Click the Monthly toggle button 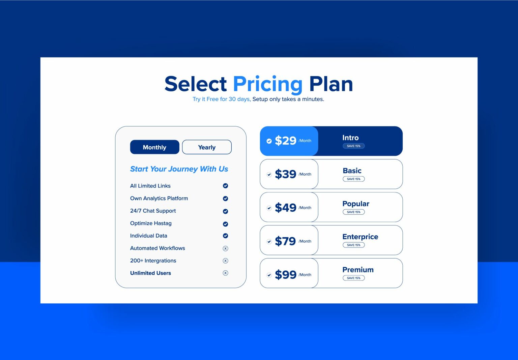[x=154, y=147]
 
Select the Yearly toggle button [x=207, y=147]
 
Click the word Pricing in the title [x=268, y=84]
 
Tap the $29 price [x=285, y=141]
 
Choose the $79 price [x=285, y=241]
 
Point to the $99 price [x=285, y=275]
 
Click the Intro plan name [x=350, y=138]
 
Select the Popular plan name [x=356, y=204]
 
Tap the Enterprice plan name [x=360, y=237]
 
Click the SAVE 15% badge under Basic [x=353, y=179]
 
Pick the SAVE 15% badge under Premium [x=353, y=278]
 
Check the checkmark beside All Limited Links [x=225, y=186]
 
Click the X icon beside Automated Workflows [x=225, y=248]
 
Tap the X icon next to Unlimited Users [x=225, y=273]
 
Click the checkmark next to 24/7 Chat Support [x=225, y=211]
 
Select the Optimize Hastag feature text [x=151, y=223]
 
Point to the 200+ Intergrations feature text [x=153, y=261]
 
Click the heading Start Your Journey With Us [x=179, y=169]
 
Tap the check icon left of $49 [x=269, y=208]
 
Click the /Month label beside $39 [x=305, y=174]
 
